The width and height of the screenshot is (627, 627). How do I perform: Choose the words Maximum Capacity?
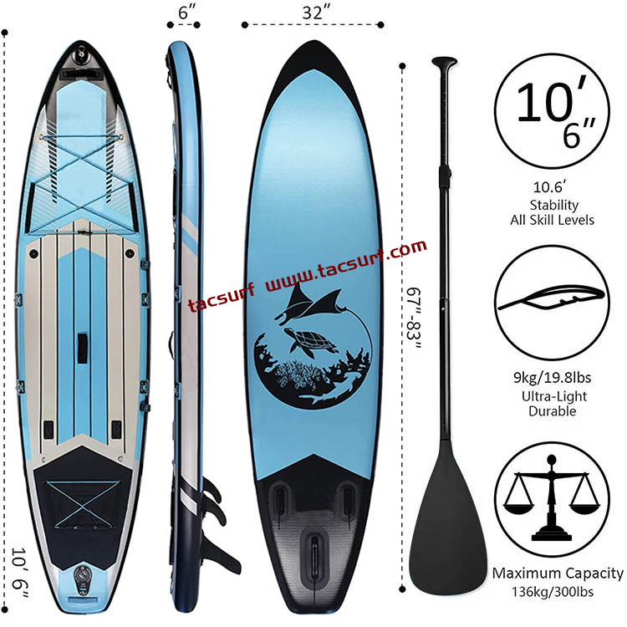tap(558, 573)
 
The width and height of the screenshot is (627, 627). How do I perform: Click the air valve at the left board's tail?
tap(83, 574)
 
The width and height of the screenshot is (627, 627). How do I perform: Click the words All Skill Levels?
tap(553, 220)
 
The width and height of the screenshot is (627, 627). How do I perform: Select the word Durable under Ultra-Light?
tap(553, 410)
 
